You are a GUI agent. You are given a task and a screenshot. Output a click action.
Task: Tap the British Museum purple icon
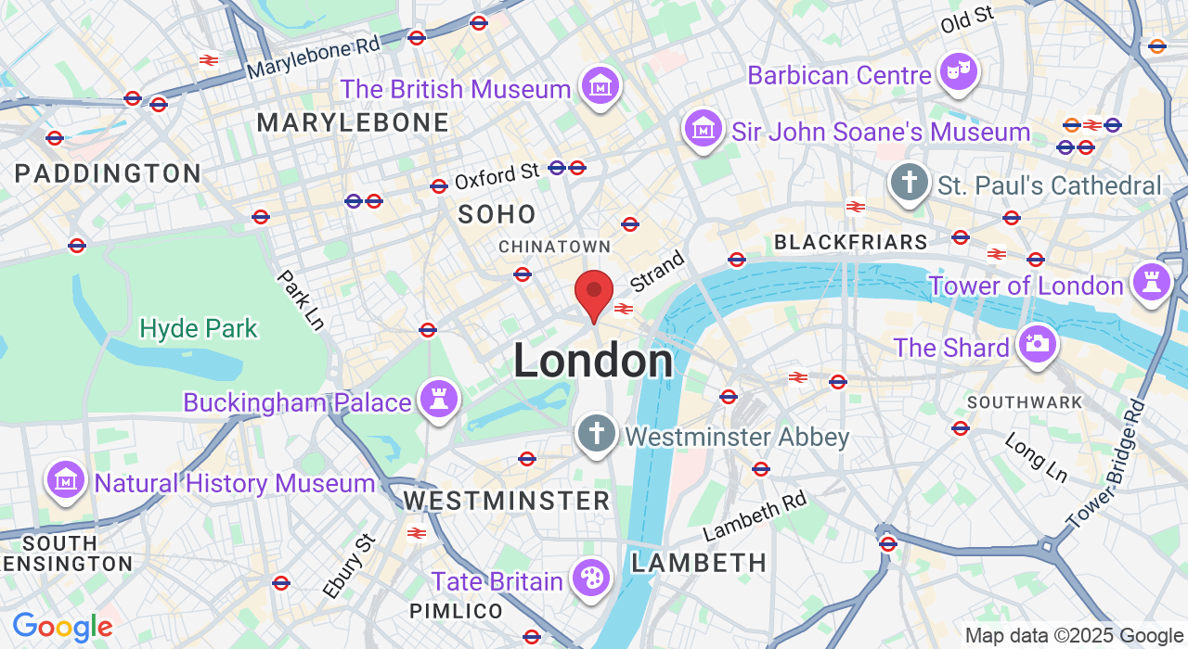click(x=600, y=87)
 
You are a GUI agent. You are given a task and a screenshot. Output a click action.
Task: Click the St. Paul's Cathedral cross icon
click(x=910, y=183)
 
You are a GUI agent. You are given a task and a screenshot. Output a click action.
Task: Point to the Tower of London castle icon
click(x=1152, y=282)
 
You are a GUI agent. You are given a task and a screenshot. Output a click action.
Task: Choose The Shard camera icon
click(x=1037, y=344)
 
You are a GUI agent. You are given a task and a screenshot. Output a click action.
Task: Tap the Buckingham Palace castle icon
click(x=437, y=400)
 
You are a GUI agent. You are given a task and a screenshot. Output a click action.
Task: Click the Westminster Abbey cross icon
click(x=596, y=433)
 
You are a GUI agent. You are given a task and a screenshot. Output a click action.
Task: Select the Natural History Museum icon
click(x=66, y=480)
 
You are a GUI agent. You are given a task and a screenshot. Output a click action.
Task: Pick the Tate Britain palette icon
click(x=590, y=579)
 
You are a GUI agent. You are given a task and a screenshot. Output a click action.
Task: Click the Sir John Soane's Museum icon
click(x=704, y=129)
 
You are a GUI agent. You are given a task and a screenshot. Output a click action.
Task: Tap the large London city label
click(x=593, y=362)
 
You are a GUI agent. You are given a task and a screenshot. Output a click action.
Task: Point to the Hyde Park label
click(x=199, y=329)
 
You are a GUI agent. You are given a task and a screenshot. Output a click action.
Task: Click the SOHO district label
click(x=497, y=214)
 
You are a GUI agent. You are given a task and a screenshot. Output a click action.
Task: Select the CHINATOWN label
click(x=554, y=247)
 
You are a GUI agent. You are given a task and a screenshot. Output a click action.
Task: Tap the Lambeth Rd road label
click(x=755, y=516)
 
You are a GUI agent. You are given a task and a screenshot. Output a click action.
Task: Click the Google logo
click(x=62, y=628)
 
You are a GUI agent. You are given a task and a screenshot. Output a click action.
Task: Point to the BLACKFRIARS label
click(x=850, y=243)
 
